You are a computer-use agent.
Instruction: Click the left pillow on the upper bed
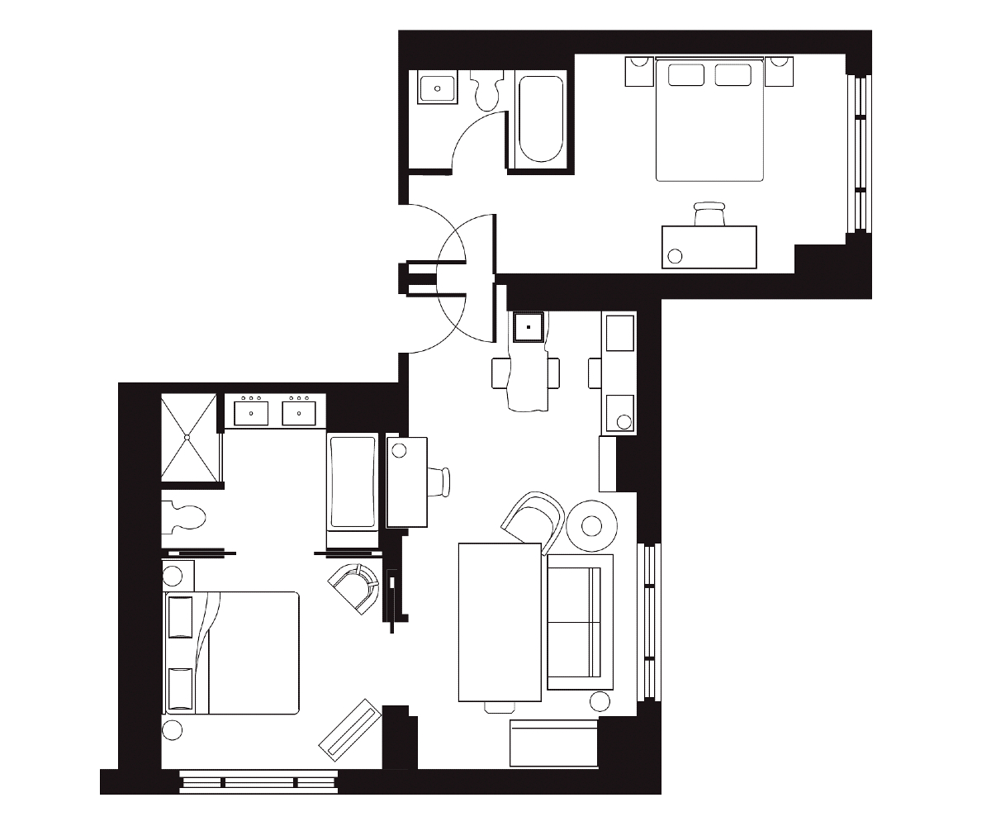point(685,75)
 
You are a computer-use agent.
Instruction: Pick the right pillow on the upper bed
point(733,75)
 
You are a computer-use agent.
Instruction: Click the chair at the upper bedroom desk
point(709,214)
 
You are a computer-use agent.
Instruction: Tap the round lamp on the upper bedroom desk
point(676,255)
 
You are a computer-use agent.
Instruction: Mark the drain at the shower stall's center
point(188,436)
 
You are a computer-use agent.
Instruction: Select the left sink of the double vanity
point(251,411)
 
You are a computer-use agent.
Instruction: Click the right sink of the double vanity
point(298,411)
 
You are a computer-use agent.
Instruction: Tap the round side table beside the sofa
point(591,525)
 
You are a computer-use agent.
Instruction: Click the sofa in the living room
point(580,622)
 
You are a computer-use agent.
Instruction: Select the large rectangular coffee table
point(500,621)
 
